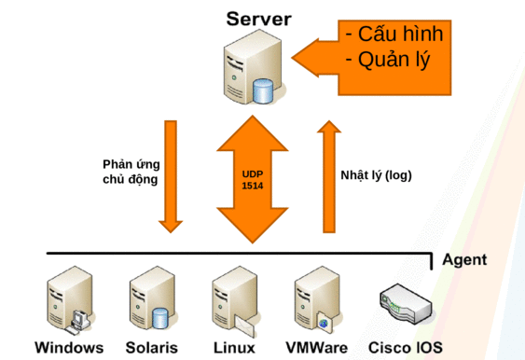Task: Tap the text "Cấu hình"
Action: point(393,34)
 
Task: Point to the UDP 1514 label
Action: point(253,180)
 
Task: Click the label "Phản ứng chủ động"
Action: point(131,173)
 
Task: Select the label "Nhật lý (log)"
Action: point(376,174)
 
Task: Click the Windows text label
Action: point(69,349)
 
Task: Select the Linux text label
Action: point(235,349)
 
